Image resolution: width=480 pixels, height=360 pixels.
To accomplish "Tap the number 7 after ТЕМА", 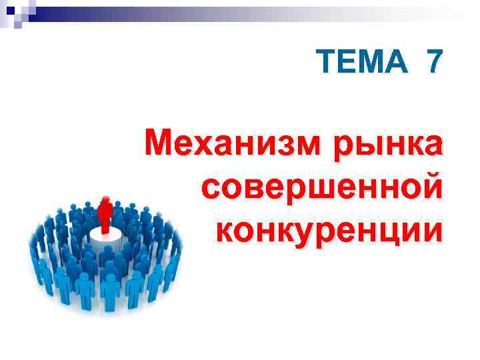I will [x=434, y=62].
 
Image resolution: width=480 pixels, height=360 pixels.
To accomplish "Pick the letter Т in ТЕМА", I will [x=327, y=62].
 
